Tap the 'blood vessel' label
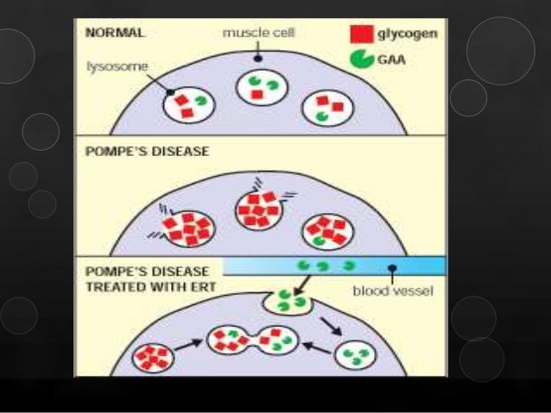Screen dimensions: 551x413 393,291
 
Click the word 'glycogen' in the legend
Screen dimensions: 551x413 405,36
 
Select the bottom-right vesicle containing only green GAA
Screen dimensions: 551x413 358,354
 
